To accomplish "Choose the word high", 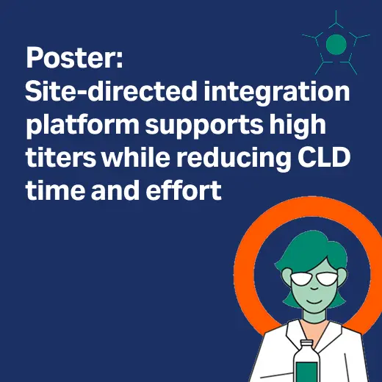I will coord(303,126).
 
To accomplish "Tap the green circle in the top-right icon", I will coord(336,44).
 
